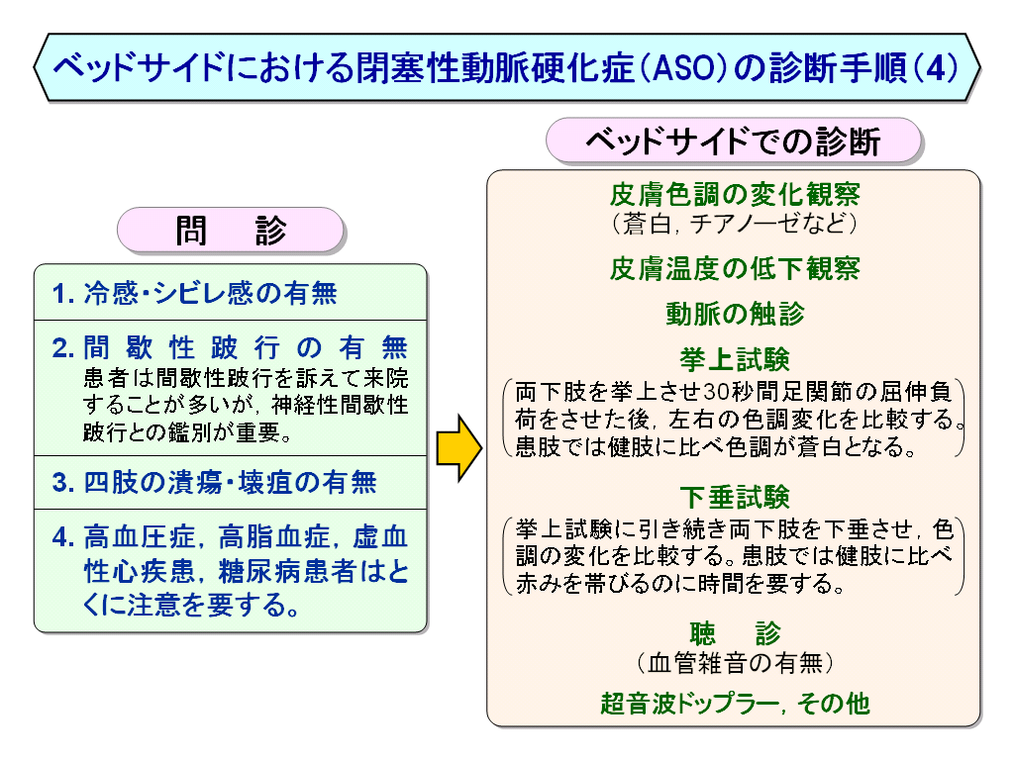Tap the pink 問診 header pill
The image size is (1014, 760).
click(x=230, y=230)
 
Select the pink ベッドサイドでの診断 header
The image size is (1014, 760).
click(x=734, y=141)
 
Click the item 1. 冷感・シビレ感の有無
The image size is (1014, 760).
click(x=195, y=293)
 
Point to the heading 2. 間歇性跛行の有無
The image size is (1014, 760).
click(x=230, y=347)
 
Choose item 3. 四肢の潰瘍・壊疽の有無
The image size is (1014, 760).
click(x=214, y=483)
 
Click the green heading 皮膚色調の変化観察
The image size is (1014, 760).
click(x=735, y=194)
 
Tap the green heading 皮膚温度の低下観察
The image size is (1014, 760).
click(x=735, y=268)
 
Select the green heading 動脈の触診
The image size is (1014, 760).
click(x=735, y=314)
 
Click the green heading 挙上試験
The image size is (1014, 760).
click(x=735, y=359)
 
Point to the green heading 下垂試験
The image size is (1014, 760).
click(x=735, y=497)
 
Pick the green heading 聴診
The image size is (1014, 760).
click(x=735, y=633)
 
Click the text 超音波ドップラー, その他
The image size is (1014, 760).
click(x=735, y=704)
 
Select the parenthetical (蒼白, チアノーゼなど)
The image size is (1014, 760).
click(x=735, y=224)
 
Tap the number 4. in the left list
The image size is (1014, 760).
click(x=63, y=537)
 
